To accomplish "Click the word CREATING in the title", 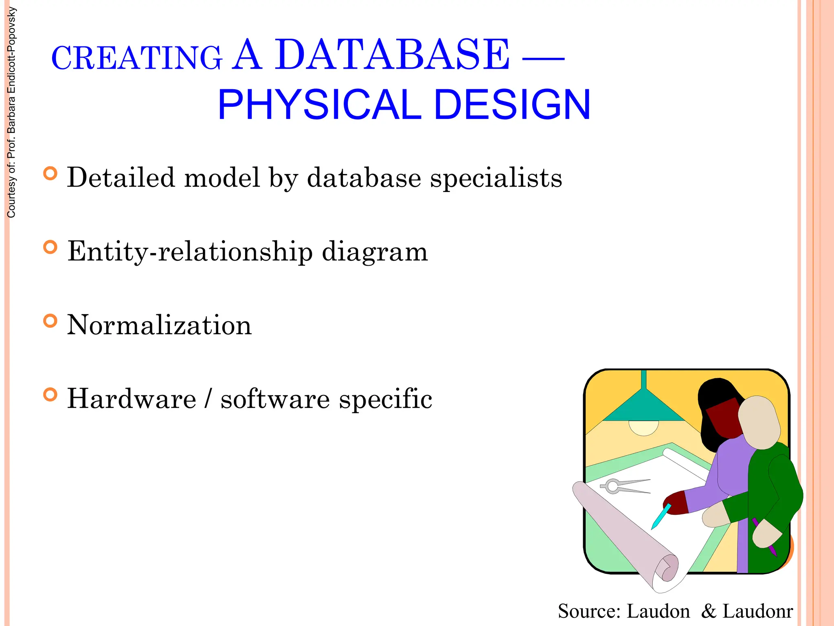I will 137,58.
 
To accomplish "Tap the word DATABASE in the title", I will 392,55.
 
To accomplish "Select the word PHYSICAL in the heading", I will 319,105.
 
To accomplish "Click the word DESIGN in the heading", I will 512,105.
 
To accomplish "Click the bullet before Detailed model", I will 50,174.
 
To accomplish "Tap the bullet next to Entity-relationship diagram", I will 50,247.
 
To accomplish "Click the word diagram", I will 375,252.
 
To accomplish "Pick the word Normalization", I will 159,325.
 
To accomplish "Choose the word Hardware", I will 132,399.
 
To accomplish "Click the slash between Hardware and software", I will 208,399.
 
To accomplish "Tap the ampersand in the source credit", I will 709,611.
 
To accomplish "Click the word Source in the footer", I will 589,611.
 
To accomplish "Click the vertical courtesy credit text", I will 11,112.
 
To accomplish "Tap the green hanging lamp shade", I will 643,408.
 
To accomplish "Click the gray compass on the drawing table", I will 623,486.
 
